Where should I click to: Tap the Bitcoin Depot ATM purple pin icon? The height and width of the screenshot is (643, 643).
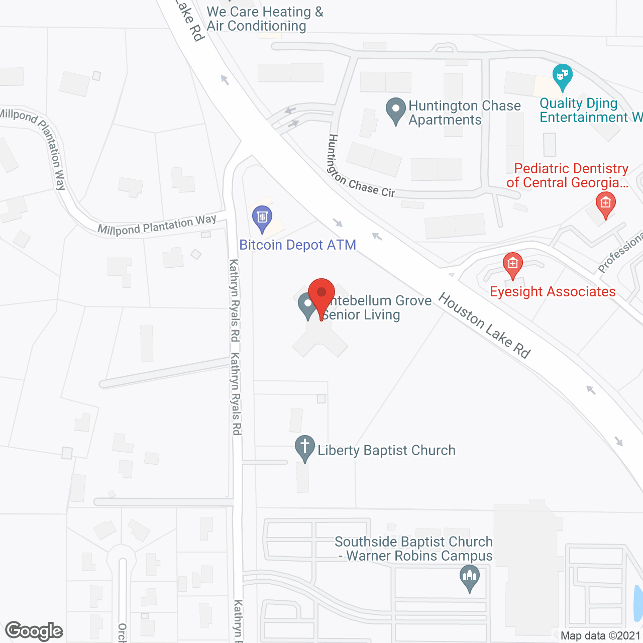[262, 218]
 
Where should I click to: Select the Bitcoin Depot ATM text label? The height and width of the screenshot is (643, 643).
[297, 245]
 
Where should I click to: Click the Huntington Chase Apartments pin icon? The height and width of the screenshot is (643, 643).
[395, 110]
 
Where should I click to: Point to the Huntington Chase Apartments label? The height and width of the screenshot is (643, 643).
[464, 113]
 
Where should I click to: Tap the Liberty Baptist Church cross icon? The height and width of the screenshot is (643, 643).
[304, 447]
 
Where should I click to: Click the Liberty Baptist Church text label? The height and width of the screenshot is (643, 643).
[386, 450]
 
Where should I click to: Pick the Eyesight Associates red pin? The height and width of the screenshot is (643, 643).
[512, 264]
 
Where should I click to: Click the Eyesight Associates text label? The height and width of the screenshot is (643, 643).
[553, 292]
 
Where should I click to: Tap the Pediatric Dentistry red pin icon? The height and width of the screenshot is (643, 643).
[605, 204]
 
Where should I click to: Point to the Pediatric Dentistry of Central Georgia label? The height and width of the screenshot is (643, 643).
[568, 175]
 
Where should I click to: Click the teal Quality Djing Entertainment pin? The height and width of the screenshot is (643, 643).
[562, 77]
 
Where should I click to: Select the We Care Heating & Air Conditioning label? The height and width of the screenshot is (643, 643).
[265, 19]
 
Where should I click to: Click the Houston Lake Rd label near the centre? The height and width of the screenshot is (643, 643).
[484, 326]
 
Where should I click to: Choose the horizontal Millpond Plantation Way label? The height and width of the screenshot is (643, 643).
[157, 225]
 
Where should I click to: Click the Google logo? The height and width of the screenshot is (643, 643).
[34, 631]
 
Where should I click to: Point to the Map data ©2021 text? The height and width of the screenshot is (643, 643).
[600, 636]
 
